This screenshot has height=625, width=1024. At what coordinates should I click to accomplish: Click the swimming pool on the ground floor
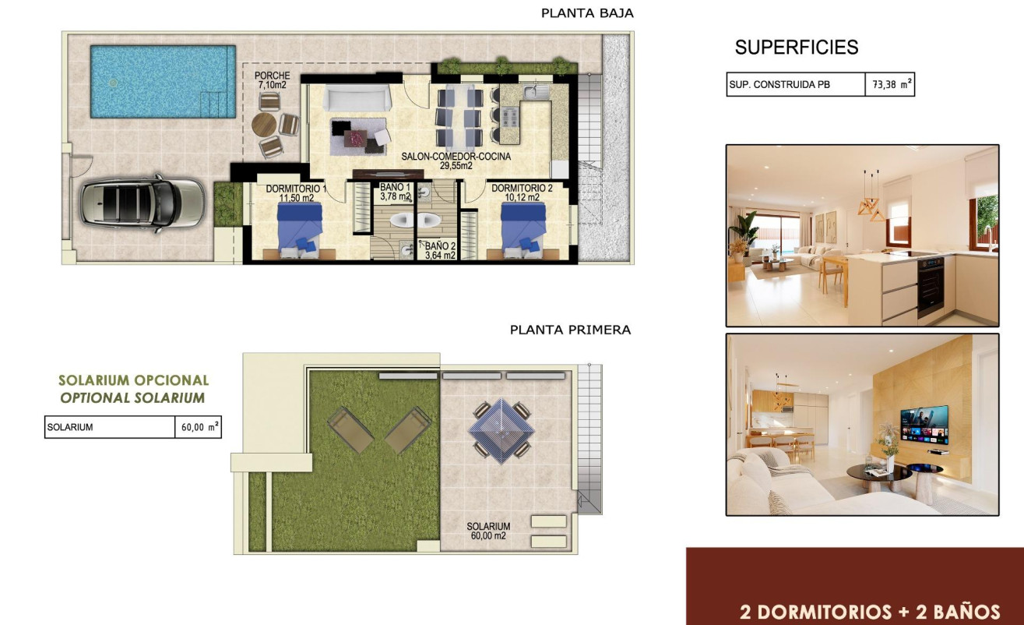(162, 80)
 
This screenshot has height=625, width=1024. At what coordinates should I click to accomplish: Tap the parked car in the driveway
(143, 201)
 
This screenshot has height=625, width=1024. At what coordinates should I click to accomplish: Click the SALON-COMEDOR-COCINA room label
(456, 161)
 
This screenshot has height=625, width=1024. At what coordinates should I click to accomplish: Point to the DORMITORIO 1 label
(295, 193)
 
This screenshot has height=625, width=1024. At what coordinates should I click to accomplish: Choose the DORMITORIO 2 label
(522, 192)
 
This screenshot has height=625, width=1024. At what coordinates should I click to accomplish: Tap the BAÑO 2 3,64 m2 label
(440, 250)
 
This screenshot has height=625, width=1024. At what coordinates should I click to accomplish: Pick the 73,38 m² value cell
(889, 85)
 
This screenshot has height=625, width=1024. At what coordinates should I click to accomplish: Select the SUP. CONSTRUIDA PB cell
(795, 85)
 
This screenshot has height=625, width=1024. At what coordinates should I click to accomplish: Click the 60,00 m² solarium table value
(197, 427)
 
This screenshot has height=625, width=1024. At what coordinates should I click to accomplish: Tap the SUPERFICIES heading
(797, 48)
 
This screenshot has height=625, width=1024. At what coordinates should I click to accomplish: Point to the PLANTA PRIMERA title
(570, 330)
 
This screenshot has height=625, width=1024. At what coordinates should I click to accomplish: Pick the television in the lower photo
(924, 425)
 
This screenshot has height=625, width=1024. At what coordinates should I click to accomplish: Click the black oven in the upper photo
(931, 285)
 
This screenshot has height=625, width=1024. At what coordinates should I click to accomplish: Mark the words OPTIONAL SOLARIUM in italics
(132, 398)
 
